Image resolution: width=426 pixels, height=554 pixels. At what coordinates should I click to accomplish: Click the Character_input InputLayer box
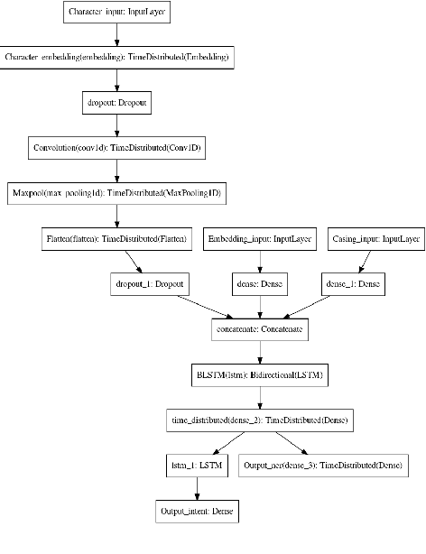click(116, 13)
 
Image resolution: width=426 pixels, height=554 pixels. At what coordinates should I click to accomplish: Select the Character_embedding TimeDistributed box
click(116, 58)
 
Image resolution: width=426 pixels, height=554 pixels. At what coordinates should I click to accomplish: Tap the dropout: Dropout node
click(116, 103)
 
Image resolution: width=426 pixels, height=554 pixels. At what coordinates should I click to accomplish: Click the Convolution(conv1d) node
click(116, 148)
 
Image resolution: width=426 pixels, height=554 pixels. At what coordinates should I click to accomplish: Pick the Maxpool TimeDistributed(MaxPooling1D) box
click(116, 193)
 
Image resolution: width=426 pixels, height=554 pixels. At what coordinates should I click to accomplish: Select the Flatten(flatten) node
click(116, 239)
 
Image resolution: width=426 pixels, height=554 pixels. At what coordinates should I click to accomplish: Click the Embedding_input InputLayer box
click(260, 239)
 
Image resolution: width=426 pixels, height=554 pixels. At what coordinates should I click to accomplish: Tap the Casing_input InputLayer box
click(374, 239)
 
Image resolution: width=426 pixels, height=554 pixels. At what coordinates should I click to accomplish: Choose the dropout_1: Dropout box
click(149, 284)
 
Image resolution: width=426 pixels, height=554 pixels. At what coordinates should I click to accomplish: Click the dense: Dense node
click(260, 284)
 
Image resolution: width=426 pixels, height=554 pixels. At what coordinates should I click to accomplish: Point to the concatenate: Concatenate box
click(260, 330)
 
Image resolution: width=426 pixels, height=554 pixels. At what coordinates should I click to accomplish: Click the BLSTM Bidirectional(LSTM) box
click(260, 375)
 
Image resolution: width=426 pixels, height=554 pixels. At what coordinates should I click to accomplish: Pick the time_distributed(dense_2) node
click(260, 420)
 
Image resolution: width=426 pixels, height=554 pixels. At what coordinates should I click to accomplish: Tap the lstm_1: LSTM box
click(197, 466)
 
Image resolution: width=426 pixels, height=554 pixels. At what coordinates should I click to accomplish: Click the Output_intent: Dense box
click(197, 512)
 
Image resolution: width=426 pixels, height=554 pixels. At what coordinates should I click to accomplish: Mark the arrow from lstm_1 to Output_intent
click(197, 488)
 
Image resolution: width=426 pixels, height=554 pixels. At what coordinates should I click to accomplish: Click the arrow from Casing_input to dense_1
click(362, 262)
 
